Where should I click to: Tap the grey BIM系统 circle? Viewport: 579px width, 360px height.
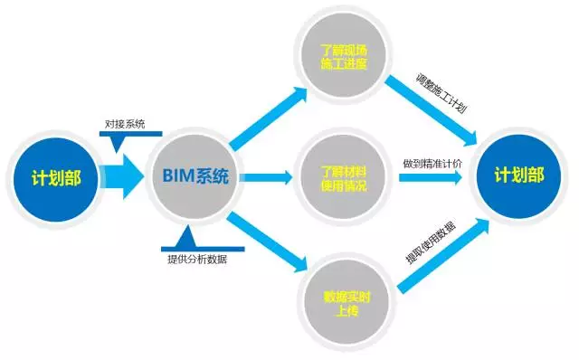pyautogui.click(x=195, y=177)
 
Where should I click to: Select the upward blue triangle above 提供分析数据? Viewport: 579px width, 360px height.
pyautogui.click(x=187, y=240)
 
